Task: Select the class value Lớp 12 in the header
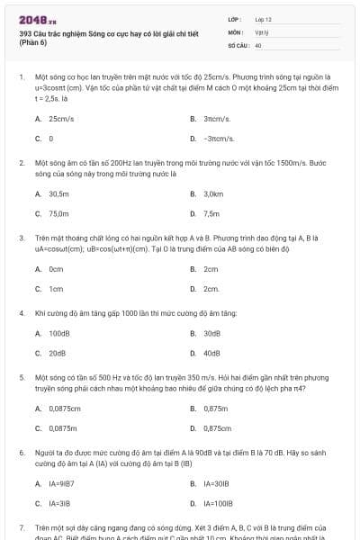[264, 19]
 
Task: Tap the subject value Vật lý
[262, 31]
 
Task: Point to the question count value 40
[258, 44]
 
